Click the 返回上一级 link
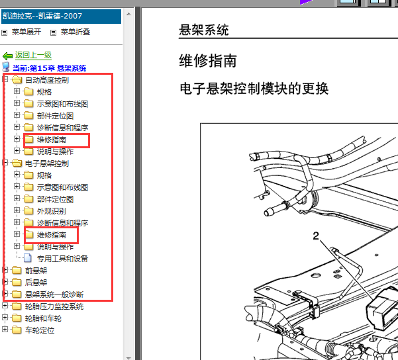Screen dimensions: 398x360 33,55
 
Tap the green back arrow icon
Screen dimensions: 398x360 7,56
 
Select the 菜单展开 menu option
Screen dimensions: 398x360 26,32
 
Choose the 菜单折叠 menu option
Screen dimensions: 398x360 75,32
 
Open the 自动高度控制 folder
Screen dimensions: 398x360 47,80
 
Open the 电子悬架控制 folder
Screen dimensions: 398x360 47,163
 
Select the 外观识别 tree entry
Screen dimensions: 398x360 52,211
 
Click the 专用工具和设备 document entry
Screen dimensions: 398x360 62,259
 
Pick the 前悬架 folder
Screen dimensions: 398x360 36,271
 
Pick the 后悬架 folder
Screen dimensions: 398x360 36,283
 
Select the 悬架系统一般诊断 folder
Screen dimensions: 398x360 54,294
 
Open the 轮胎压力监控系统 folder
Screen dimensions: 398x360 54,306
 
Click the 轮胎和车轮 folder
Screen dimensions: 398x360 43,318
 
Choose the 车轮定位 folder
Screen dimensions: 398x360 40,330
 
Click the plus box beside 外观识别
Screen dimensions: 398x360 17,210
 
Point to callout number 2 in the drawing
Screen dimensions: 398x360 316,236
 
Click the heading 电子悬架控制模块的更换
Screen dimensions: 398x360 254,89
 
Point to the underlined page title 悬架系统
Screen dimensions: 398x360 204,30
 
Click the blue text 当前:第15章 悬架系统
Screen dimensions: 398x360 50,68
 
